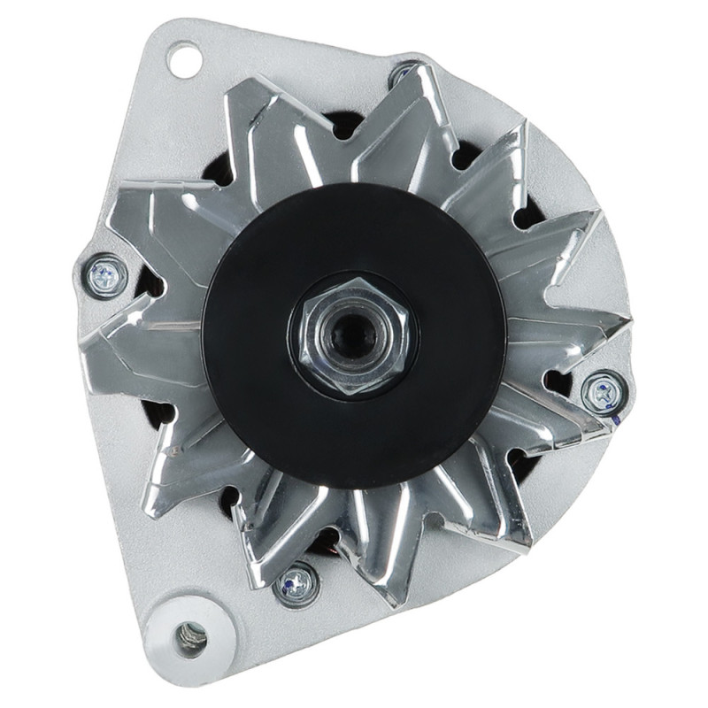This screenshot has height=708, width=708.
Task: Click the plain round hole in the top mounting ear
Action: [x=183, y=60]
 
